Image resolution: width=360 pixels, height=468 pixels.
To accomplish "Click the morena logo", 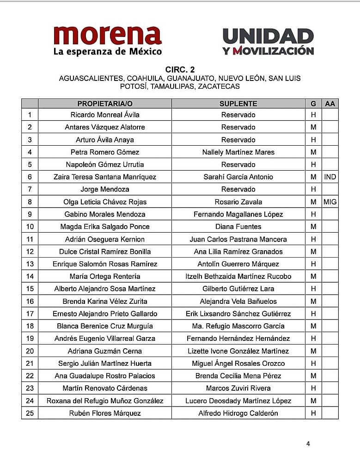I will [x=108, y=41].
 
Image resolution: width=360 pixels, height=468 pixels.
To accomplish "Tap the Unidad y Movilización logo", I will [x=268, y=42].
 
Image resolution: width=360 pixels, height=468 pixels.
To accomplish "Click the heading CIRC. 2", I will [x=180, y=70].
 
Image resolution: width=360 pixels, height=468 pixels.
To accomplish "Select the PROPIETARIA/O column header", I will [x=105, y=104].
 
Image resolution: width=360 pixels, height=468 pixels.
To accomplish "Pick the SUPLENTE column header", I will [x=238, y=104].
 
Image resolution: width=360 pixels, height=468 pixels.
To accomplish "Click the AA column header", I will [x=330, y=104].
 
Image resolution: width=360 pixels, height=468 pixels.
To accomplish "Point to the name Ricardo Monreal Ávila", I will [x=105, y=115].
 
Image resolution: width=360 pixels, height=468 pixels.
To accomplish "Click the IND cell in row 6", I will [x=330, y=177].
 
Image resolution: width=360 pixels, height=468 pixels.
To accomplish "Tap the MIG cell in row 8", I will [x=330, y=202].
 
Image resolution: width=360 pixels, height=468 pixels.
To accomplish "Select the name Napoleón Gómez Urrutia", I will [x=105, y=165].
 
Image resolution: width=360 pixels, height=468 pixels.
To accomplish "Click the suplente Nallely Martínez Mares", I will [x=238, y=152].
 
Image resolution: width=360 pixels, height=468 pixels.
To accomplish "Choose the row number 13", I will [x=30, y=264].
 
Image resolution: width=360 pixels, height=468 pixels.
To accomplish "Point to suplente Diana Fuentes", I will [x=238, y=227].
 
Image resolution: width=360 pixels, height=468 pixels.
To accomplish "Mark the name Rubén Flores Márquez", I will [x=105, y=413].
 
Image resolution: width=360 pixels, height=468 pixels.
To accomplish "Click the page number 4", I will [x=308, y=444].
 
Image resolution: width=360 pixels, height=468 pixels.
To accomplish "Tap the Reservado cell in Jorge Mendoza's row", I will [x=238, y=189].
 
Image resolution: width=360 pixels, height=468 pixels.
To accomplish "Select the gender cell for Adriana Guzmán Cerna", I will [x=313, y=351].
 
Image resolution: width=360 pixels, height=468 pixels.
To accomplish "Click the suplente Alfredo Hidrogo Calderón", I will [x=238, y=413].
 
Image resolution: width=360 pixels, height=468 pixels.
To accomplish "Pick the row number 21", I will [x=30, y=363].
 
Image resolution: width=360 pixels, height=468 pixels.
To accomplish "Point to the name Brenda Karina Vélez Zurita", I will [x=105, y=301].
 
